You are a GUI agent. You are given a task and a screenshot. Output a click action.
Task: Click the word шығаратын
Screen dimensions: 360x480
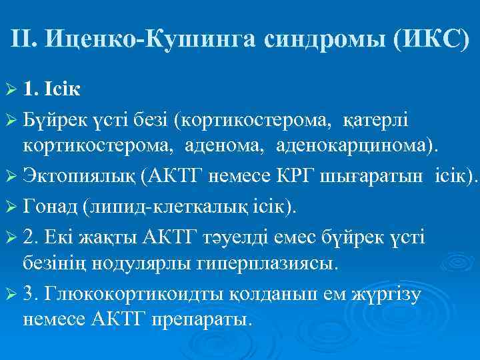pyautogui.click(x=351, y=175)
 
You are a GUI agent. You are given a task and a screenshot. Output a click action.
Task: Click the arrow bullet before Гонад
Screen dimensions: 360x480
pyautogui.click(x=14, y=207)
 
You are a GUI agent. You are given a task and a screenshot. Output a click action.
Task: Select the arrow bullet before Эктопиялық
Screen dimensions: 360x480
pyautogui.click(x=14, y=176)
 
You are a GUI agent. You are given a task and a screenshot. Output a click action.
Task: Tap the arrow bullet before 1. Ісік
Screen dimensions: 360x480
pyautogui.click(x=14, y=87)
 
